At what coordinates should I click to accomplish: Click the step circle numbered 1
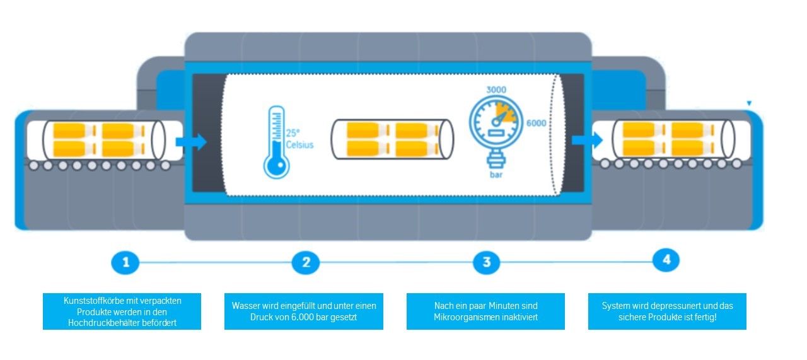[x=125, y=262]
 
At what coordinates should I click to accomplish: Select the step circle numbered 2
[x=306, y=262]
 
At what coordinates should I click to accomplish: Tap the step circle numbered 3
[x=486, y=262]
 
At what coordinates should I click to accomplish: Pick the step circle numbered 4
[x=666, y=260]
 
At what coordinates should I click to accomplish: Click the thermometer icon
[x=276, y=142]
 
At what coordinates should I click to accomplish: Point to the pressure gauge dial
[x=496, y=122]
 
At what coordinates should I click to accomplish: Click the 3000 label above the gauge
[x=496, y=90]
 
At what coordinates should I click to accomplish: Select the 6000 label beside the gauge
[x=537, y=123]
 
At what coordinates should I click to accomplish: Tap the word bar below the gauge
[x=496, y=175]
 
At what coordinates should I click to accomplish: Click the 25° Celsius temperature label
[x=299, y=139]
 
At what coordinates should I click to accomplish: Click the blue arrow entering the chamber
[x=191, y=142]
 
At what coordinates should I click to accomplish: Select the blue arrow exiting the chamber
[x=587, y=140]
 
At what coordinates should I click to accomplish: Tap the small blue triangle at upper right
[x=749, y=103]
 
